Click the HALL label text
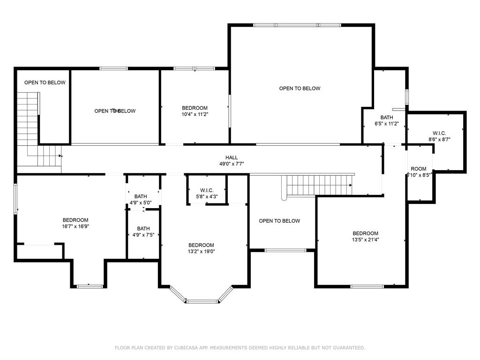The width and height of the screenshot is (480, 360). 231,157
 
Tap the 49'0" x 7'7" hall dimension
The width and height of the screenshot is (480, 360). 231,164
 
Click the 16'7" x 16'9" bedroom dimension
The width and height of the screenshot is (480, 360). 75,226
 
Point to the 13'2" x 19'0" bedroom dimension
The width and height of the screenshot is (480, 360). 201,251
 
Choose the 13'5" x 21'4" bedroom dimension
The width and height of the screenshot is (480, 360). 365,239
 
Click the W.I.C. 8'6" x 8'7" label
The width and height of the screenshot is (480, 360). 439,136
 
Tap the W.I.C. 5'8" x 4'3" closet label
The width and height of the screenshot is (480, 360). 206,193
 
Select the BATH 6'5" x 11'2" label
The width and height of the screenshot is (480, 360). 387,120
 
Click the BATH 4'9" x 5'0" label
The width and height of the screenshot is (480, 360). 141,200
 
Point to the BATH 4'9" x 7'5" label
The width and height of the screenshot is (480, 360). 143,232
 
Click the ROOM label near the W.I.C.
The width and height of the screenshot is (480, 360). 419,169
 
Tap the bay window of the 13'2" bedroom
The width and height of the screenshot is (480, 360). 202,300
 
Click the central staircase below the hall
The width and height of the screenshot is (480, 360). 319,185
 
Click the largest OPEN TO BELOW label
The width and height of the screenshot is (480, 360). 300,88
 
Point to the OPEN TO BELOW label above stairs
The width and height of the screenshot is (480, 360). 45,82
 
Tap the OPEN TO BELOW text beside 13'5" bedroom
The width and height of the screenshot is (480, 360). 279,221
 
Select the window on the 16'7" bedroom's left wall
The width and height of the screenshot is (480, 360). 15,199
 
